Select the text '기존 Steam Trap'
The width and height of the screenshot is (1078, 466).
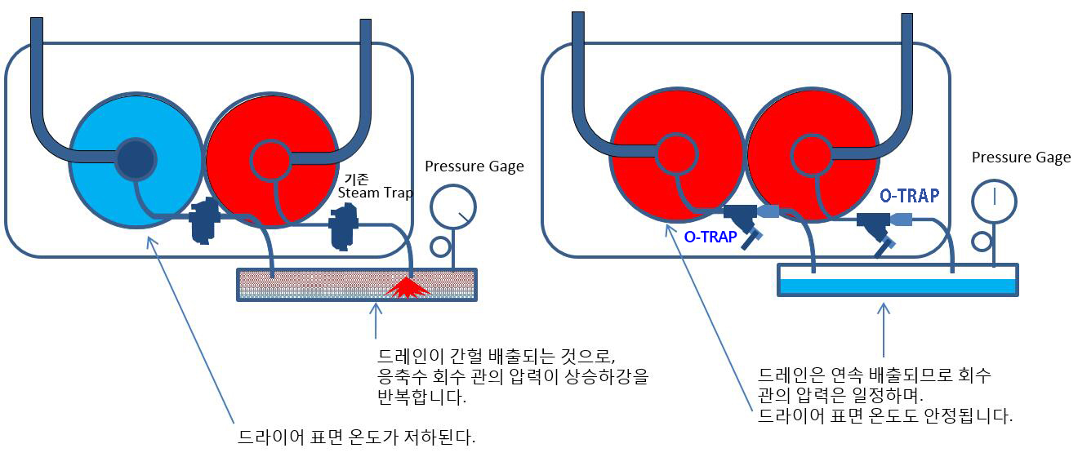tap(376, 185)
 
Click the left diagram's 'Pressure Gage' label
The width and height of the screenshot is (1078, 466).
tap(474, 166)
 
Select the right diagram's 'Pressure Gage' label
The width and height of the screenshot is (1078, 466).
tap(1021, 158)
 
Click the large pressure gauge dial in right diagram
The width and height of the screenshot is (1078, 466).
tap(994, 200)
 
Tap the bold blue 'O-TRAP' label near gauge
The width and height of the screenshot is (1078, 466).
tap(909, 195)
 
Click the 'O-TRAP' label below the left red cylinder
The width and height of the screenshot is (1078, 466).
tap(710, 237)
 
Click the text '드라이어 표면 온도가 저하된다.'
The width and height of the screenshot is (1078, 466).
tap(356, 437)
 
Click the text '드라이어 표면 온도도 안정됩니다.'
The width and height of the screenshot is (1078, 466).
tap(885, 415)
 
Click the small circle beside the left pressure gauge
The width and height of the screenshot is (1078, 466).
tap(440, 246)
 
